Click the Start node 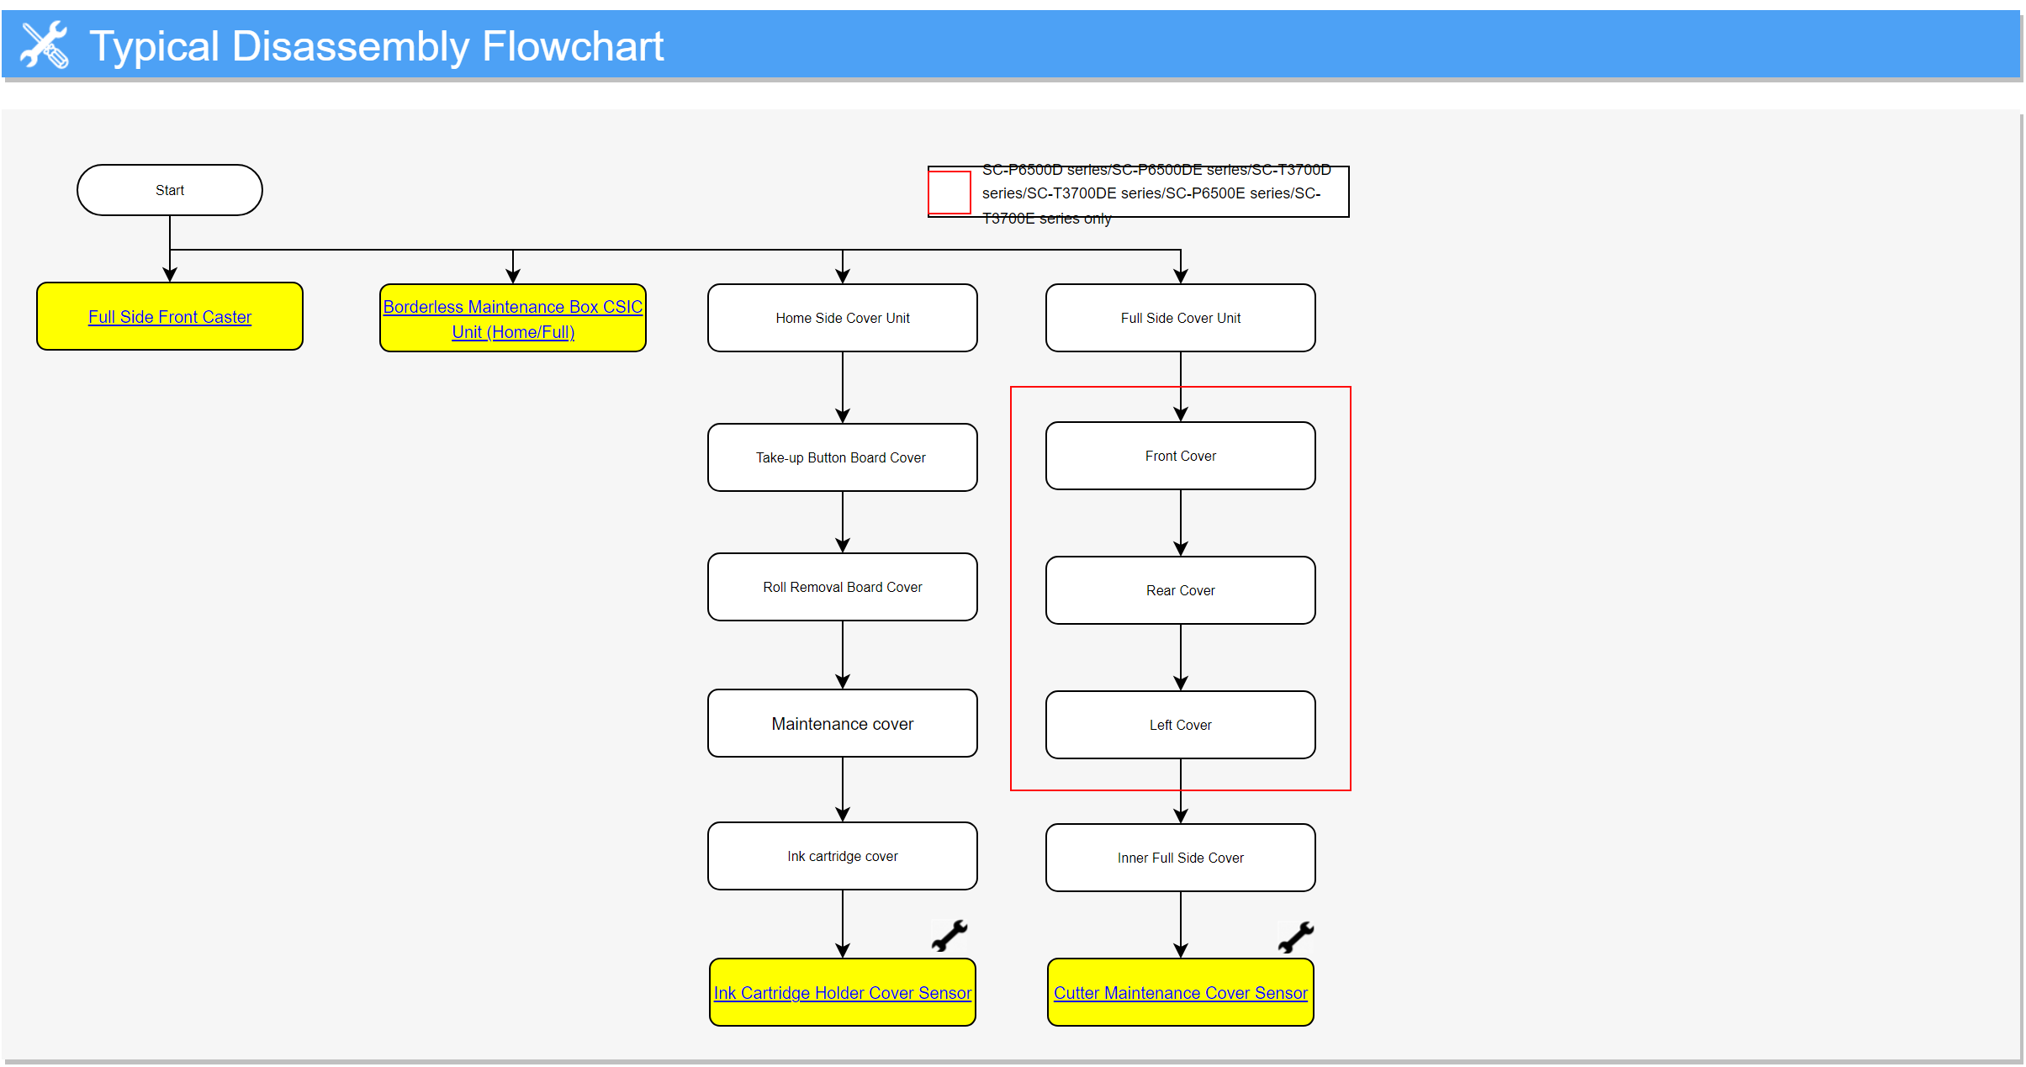170,190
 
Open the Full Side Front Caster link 170,317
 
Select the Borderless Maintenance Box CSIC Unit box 513,318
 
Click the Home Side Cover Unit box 843,318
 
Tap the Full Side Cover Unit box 1181,318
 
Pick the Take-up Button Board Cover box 843,457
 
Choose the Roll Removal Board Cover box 843,587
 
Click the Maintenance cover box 843,723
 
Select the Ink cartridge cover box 843,856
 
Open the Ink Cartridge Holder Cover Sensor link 843,993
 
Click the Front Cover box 1181,456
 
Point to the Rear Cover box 1181,590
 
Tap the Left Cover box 1181,725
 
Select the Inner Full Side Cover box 1181,858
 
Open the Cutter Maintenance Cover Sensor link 1181,993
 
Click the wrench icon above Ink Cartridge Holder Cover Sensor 950,936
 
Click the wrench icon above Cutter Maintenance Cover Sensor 1296,937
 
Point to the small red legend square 950,193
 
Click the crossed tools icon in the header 45,45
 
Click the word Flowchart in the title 573,46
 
